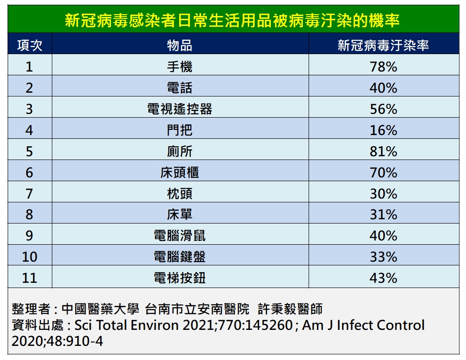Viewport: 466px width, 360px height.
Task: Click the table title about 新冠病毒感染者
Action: tap(233, 21)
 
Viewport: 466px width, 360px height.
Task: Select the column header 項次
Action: tap(30, 45)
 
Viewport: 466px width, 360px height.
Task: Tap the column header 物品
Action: tap(180, 45)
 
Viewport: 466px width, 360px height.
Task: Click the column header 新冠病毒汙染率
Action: tap(383, 45)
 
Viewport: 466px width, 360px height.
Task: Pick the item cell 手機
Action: tap(180, 67)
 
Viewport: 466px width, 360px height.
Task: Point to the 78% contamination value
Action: tap(383, 67)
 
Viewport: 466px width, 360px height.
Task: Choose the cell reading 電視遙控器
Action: tap(180, 109)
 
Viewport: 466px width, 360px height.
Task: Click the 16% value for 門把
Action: tap(383, 130)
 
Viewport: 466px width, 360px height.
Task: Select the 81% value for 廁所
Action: tap(383, 152)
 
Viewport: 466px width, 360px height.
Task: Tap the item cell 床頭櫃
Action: tap(180, 173)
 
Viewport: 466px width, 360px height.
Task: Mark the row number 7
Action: tap(30, 194)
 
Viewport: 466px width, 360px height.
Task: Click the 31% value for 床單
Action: tap(383, 215)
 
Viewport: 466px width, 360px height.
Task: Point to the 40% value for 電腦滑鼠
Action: tap(383, 236)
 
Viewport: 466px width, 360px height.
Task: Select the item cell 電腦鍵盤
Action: tap(180, 257)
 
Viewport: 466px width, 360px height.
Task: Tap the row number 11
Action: tap(30, 278)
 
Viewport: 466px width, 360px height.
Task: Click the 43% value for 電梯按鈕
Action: tap(383, 278)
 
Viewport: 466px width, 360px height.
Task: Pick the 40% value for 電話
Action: tap(383, 88)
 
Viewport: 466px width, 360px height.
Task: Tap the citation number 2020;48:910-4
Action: tap(57, 341)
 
